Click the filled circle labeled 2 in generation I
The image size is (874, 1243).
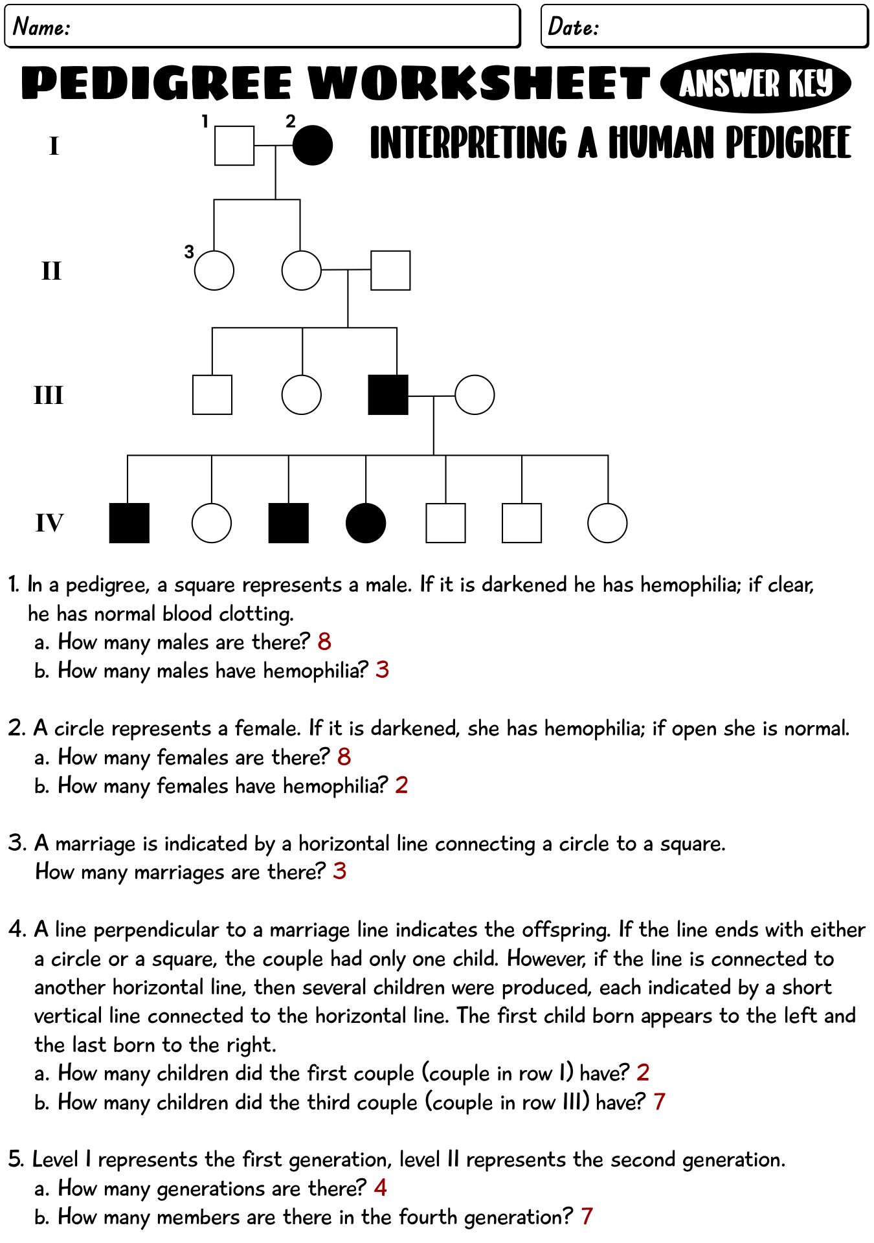[313, 145]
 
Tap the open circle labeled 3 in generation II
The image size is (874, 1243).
[214, 270]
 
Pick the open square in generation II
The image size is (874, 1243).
[390, 270]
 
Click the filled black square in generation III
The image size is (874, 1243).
[388, 394]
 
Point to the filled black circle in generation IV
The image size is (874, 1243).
[366, 522]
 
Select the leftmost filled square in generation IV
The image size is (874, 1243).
[129, 522]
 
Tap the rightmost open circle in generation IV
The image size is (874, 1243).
[607, 522]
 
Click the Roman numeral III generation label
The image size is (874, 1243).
[49, 395]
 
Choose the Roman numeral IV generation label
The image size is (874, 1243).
[49, 522]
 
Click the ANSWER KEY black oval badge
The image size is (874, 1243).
[756, 84]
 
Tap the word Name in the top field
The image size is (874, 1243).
[41, 27]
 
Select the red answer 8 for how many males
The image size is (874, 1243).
[324, 642]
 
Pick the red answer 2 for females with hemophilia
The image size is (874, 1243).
[401, 785]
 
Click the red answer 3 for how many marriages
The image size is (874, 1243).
[340, 871]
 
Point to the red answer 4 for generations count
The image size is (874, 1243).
[381, 1187]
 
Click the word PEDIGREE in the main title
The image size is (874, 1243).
[157, 83]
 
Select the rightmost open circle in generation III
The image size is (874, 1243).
[475, 394]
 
